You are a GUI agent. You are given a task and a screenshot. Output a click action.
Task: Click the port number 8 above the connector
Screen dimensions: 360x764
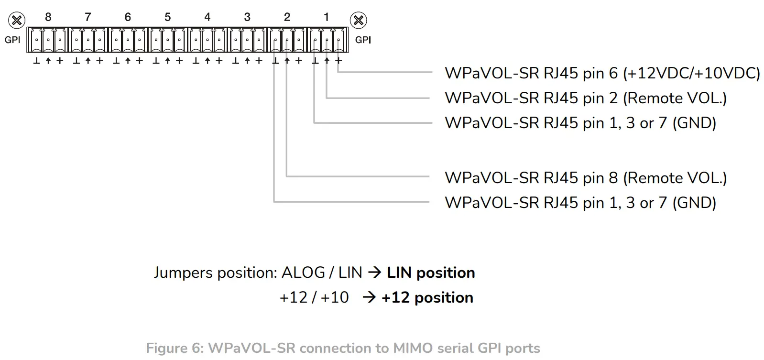coord(48,17)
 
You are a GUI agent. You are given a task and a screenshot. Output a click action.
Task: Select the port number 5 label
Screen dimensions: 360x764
coord(167,17)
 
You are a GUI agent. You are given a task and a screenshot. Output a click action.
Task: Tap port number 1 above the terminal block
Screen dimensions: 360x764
coord(326,17)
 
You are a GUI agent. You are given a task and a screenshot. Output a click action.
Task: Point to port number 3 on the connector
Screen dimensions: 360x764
coord(247,17)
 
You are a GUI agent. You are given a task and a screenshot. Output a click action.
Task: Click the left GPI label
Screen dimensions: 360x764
coord(12,40)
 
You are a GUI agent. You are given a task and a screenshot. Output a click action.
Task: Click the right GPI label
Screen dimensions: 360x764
coord(363,40)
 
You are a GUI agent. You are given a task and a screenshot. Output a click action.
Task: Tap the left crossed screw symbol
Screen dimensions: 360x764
coord(17,21)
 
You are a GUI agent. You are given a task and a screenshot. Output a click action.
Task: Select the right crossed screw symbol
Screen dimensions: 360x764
coord(359,21)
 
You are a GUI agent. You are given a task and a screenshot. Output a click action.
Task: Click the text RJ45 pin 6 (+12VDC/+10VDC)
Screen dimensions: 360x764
coord(602,73)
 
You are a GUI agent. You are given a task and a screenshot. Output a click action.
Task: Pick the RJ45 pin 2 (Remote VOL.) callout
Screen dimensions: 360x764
coord(585,98)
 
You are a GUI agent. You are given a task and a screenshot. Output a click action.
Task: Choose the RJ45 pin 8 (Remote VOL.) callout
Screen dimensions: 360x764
coord(585,178)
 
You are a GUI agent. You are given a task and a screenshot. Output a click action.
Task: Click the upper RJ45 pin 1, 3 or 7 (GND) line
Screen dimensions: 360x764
coord(580,123)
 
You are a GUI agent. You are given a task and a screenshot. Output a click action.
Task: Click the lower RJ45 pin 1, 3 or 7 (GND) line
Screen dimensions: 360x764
coord(580,203)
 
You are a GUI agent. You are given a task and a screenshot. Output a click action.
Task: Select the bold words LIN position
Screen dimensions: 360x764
coord(431,273)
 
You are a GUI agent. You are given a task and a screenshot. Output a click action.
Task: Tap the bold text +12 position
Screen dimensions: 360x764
coord(427,297)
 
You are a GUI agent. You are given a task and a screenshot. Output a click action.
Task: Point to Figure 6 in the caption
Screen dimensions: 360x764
coord(175,348)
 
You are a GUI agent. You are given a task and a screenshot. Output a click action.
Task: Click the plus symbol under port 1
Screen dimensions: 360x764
coord(338,61)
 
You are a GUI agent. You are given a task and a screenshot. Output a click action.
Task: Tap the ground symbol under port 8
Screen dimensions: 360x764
coord(36,61)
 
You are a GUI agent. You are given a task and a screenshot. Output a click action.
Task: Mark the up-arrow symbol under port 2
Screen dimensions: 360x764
coord(287,61)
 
